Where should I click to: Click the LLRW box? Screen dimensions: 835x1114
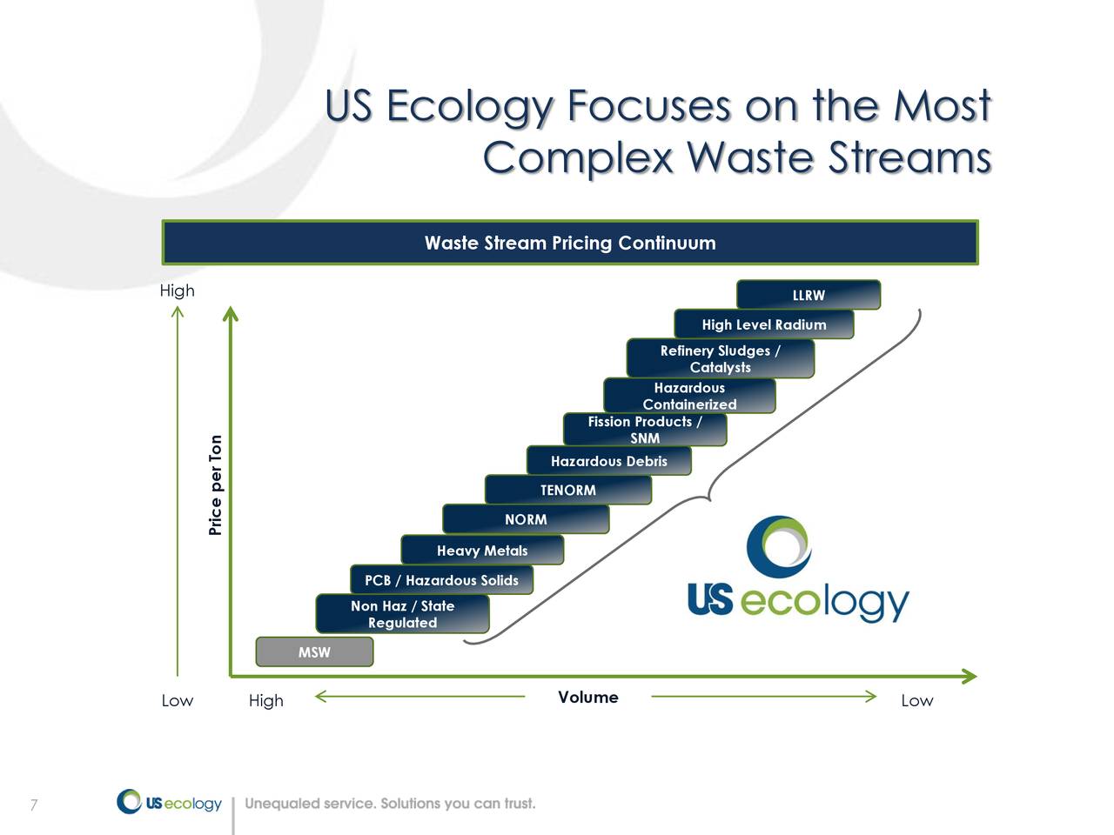(x=809, y=295)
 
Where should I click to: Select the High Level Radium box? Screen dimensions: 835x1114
(x=763, y=324)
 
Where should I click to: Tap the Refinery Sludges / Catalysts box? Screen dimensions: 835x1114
(x=720, y=358)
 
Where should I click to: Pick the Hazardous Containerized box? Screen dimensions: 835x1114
(x=688, y=396)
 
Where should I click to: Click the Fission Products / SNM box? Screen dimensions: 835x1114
(x=644, y=430)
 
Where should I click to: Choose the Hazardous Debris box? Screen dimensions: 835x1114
(x=608, y=461)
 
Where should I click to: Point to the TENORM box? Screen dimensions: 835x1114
(x=567, y=490)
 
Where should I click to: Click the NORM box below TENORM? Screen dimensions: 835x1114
(x=526, y=519)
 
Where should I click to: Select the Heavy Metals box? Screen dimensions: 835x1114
(x=482, y=550)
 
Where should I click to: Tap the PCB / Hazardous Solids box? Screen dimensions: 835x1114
(x=441, y=580)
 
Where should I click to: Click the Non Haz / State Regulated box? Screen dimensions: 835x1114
(x=402, y=614)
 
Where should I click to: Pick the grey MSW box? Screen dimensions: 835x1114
(x=314, y=651)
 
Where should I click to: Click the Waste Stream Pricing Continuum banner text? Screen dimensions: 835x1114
(x=570, y=243)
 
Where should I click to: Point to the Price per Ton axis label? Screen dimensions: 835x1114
(x=216, y=485)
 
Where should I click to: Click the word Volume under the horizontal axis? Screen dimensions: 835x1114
(x=588, y=697)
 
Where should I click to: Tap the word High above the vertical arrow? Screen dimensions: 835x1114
(x=177, y=291)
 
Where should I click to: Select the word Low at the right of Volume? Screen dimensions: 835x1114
(x=916, y=700)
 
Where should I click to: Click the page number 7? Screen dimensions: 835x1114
(x=33, y=805)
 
